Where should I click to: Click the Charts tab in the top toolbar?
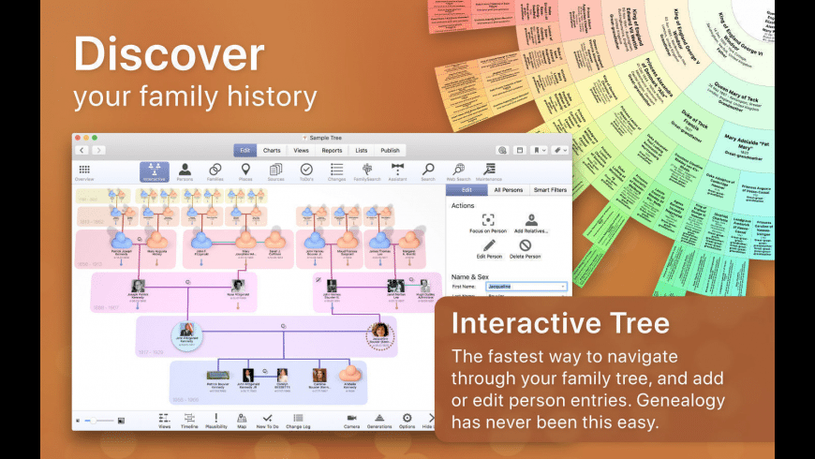[x=272, y=150]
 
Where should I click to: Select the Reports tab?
[x=332, y=150]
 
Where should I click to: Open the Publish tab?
[x=390, y=150]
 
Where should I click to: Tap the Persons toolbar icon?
[x=185, y=170]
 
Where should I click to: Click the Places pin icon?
[x=245, y=170]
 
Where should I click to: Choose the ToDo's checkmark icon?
[x=305, y=170]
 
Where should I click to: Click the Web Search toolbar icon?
[x=458, y=170]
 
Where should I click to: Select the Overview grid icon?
[x=84, y=171]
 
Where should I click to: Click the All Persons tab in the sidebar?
[x=508, y=190]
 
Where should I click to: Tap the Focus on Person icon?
[x=487, y=221]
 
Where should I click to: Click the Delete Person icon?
[x=526, y=247]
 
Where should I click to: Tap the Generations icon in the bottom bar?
[x=379, y=420]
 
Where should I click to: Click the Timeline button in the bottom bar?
[x=189, y=420]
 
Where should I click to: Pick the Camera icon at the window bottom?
[x=351, y=420]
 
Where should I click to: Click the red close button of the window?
[x=79, y=138]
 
